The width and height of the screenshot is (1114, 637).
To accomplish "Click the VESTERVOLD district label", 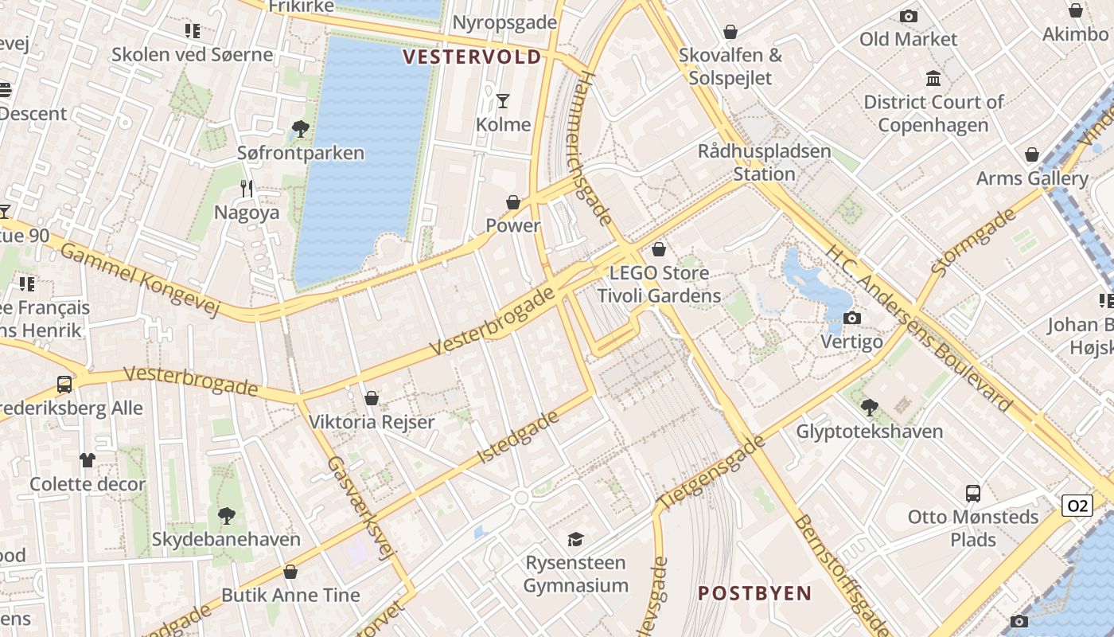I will click(x=471, y=57).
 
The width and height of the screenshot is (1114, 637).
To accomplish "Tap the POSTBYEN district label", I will click(x=754, y=593).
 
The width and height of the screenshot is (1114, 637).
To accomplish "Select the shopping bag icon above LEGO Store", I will click(x=658, y=249).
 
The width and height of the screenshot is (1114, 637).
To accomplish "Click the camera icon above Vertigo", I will click(x=851, y=318).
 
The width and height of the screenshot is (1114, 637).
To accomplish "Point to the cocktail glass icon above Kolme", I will click(x=503, y=100).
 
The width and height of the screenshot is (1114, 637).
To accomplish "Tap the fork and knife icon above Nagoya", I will click(x=247, y=189).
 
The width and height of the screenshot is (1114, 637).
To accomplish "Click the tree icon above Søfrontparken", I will click(x=300, y=128).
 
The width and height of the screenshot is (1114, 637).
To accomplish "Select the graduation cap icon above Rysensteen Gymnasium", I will click(x=575, y=539).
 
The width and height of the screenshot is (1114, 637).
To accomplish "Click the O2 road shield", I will click(x=1077, y=506).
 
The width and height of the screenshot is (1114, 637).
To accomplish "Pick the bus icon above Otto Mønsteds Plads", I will click(x=973, y=493).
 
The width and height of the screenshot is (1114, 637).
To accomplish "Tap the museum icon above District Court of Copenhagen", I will click(x=933, y=78).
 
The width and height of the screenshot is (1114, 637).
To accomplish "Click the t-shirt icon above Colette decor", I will click(x=88, y=460).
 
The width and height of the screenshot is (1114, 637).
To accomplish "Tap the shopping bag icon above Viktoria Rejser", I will click(x=371, y=398).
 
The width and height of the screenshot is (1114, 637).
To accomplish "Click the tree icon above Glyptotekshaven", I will click(x=869, y=408).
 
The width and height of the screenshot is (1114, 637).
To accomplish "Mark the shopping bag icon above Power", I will click(x=513, y=202).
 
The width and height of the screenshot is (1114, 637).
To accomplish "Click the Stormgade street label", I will click(x=972, y=242).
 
